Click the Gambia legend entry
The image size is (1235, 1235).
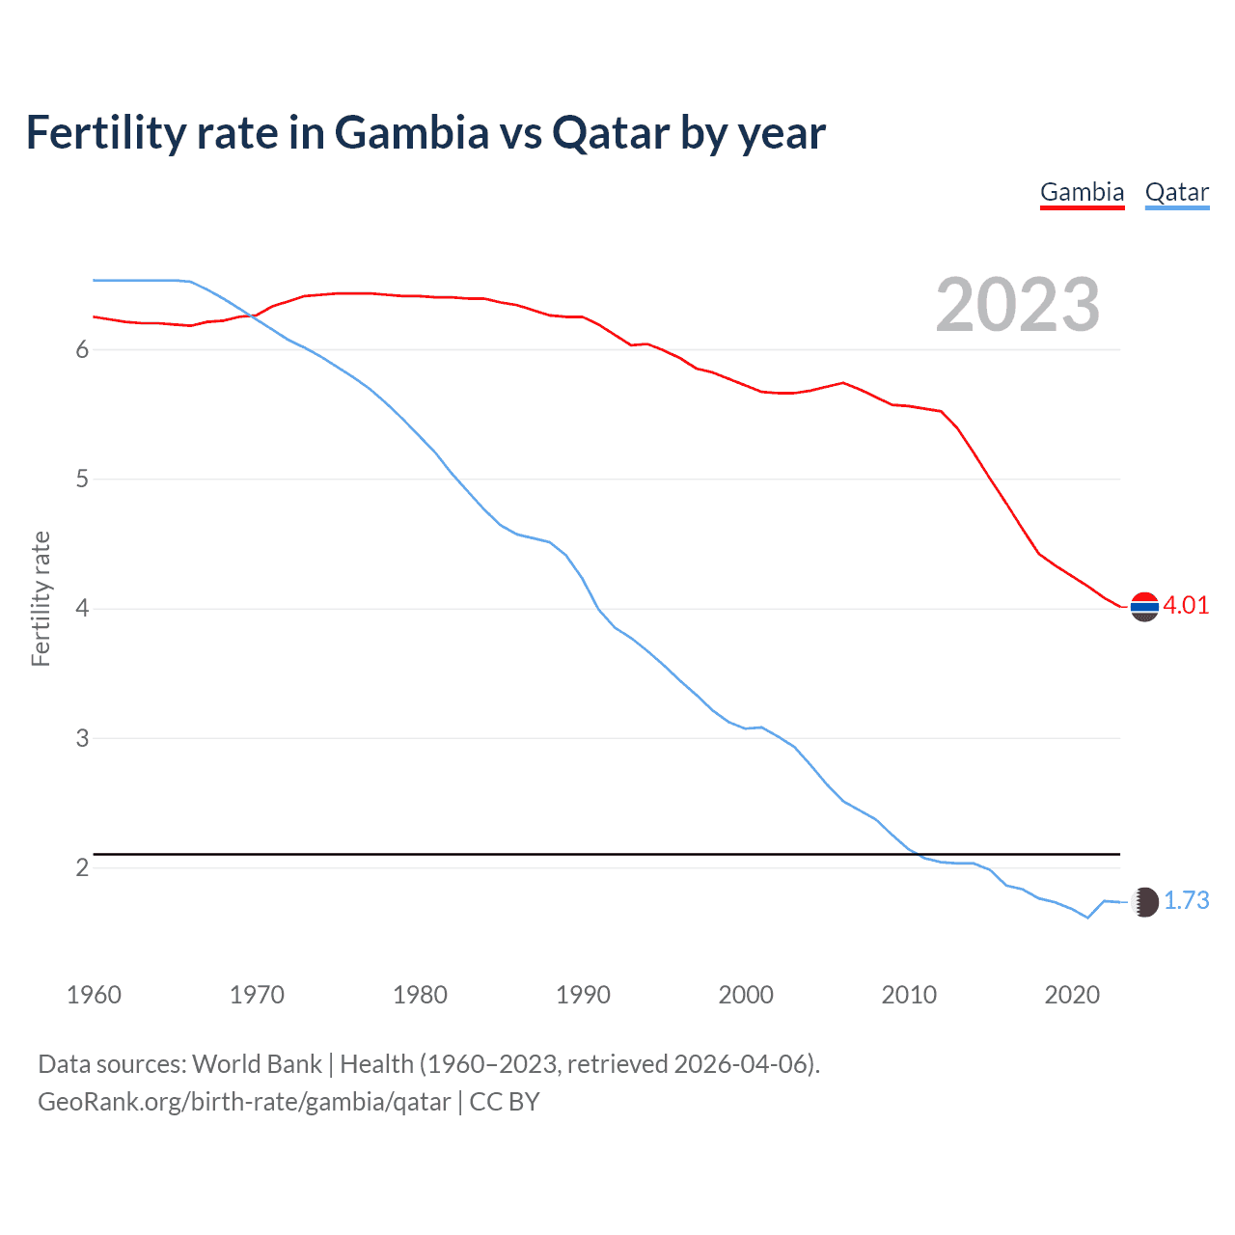(1082, 192)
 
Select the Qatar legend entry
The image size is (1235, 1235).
(1176, 192)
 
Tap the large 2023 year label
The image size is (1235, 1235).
(1018, 305)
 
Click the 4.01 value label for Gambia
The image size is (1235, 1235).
(1186, 605)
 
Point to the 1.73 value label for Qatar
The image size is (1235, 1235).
(1186, 900)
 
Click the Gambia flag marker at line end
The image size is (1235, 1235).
(1144, 607)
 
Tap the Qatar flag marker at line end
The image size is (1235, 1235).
(1144, 902)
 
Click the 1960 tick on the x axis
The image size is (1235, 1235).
(94, 995)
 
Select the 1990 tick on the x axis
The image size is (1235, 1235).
(583, 995)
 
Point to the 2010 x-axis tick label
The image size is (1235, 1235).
(909, 995)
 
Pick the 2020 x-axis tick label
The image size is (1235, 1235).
(1072, 995)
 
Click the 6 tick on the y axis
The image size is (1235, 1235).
(82, 349)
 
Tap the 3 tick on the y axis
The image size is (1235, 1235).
(82, 738)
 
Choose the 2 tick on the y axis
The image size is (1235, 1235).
(82, 867)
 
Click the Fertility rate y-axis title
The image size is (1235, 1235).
(41, 598)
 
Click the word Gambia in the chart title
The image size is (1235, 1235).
(412, 132)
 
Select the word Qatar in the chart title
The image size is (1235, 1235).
(610, 132)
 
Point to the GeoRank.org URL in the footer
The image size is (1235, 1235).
(244, 1102)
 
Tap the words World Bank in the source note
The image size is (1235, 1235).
(257, 1064)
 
